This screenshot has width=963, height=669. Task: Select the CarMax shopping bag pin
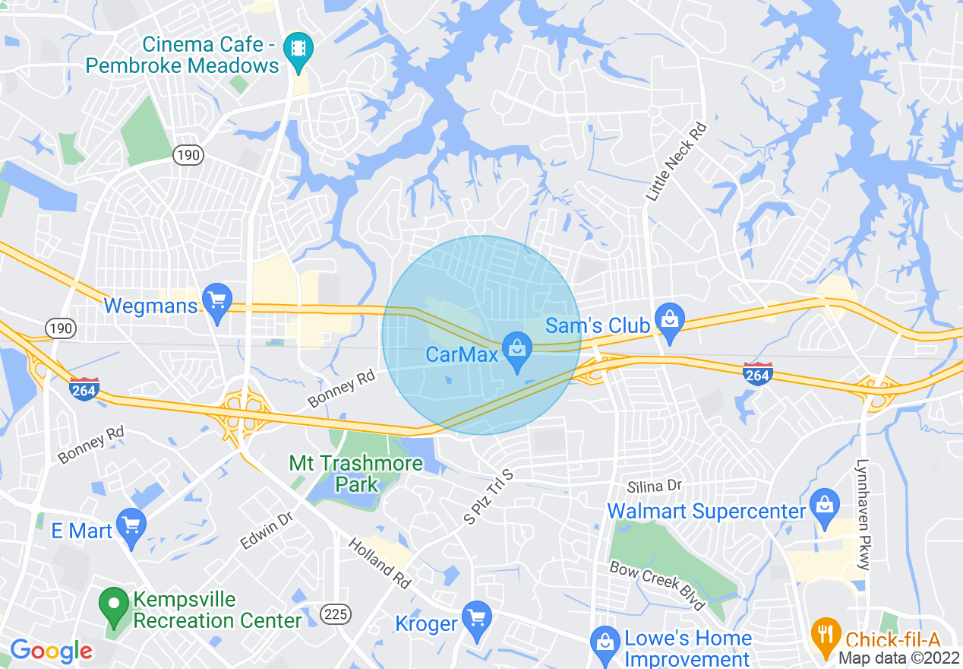517,349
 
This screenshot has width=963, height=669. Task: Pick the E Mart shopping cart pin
132,525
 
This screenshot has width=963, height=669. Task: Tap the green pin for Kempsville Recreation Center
114,606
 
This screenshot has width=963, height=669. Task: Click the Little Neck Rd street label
676,162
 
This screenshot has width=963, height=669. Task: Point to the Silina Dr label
655,486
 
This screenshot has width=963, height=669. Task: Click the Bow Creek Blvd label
658,585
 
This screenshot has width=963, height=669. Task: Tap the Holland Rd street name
380,563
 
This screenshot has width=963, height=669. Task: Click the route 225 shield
335,614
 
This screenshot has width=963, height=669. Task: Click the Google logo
50,651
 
